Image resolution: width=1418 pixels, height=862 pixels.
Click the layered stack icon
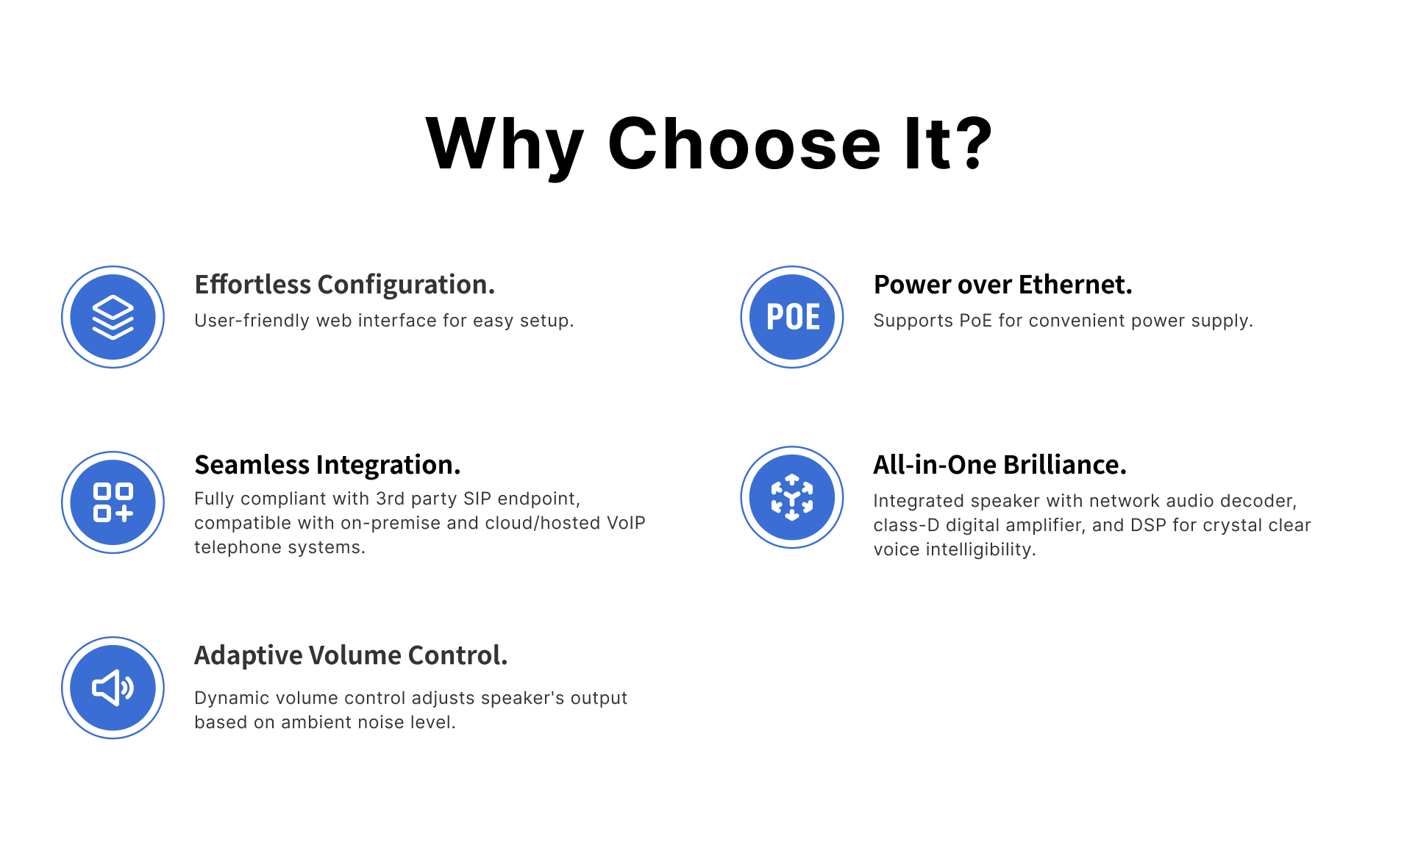coord(113,317)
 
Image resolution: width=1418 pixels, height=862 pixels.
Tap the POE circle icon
coord(792,317)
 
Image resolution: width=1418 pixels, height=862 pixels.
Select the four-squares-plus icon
coord(113,502)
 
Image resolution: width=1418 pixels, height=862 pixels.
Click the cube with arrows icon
coord(792,497)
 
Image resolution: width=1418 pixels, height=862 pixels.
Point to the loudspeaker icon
coord(113,688)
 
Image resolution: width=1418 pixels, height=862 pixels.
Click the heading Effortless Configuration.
coord(344,285)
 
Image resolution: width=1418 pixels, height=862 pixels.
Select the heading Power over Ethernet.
coord(1002,285)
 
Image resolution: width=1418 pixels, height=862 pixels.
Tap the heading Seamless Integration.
coord(327,466)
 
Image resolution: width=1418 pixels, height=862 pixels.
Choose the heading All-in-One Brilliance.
coord(1000,465)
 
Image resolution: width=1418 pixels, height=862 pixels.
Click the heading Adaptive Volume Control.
coord(351,655)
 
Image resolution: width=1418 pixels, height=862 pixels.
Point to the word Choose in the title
coord(744,143)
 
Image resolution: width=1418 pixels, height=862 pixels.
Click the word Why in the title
coord(505,147)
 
